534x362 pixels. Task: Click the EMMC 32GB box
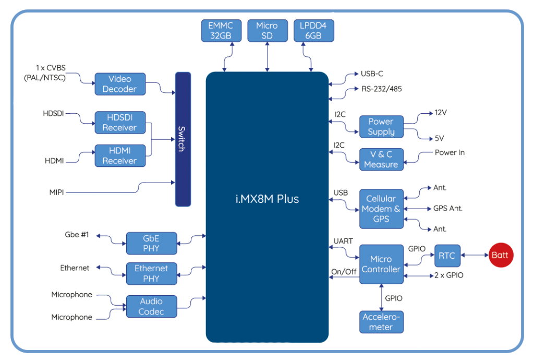click(221, 31)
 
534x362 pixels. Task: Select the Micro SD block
click(268, 31)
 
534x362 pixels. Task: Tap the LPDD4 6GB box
click(313, 31)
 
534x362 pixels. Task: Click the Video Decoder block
click(120, 84)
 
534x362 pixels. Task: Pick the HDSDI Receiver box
click(120, 123)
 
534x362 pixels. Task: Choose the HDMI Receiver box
click(120, 155)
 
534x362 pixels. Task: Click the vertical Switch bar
click(183, 139)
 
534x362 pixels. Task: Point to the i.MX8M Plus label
click(268, 199)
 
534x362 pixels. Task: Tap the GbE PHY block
click(152, 243)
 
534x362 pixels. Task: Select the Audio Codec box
click(152, 307)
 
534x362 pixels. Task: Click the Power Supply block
click(381, 127)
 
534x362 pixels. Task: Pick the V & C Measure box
click(381, 160)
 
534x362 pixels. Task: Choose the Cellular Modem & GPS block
click(381, 209)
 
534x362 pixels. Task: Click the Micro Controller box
click(381, 264)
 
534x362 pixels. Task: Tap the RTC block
click(447, 256)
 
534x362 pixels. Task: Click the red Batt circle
click(501, 255)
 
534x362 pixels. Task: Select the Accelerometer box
click(381, 322)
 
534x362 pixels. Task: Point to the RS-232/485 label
click(381, 89)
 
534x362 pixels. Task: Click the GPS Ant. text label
click(448, 209)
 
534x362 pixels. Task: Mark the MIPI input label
click(56, 192)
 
